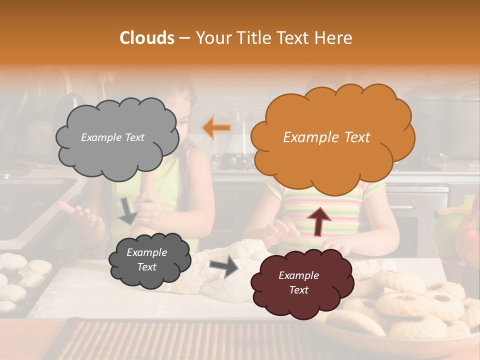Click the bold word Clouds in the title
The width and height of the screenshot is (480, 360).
(x=147, y=38)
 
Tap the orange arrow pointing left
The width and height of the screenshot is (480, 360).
(x=216, y=127)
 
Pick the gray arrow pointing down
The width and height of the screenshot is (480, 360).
(x=128, y=211)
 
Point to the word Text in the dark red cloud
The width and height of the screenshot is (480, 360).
(x=299, y=290)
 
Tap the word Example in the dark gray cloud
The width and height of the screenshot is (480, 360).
(x=146, y=252)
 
